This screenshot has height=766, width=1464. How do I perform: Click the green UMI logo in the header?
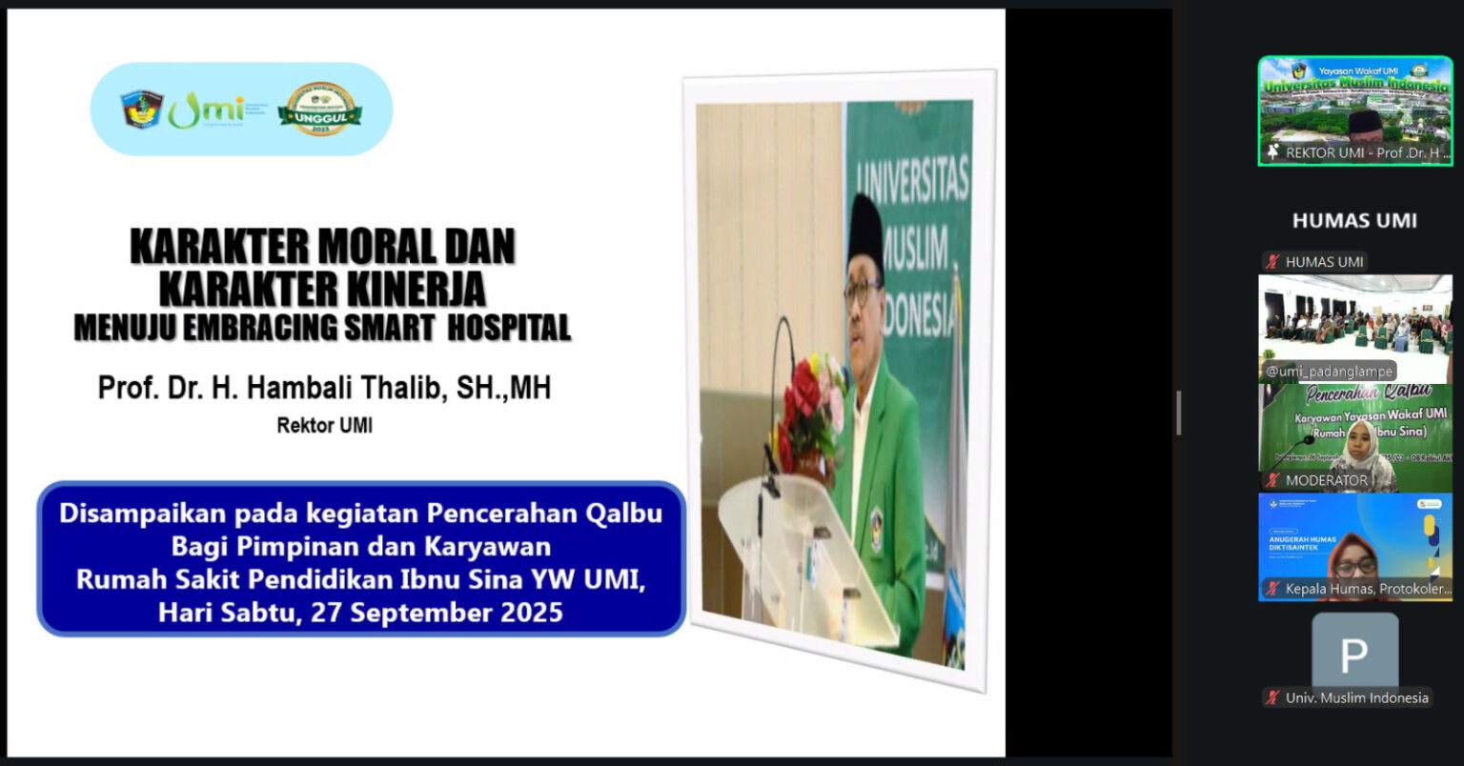(x=206, y=111)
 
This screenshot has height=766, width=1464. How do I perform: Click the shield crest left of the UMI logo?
(x=142, y=110)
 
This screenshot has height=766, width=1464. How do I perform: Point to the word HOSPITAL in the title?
(x=509, y=328)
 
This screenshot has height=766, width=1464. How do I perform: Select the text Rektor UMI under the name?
(x=324, y=426)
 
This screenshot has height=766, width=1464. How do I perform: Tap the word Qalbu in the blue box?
(x=623, y=514)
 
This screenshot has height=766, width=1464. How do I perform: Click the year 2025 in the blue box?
(x=528, y=612)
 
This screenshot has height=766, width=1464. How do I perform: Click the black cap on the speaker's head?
(x=865, y=230)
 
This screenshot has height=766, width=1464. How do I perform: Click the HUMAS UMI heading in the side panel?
(x=1353, y=221)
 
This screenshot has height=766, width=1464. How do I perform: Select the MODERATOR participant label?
(x=1325, y=480)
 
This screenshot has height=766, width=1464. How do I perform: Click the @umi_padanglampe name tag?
(x=1330, y=372)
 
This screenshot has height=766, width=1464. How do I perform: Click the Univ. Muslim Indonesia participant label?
(x=1355, y=697)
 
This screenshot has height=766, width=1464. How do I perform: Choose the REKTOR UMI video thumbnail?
(x=1354, y=111)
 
